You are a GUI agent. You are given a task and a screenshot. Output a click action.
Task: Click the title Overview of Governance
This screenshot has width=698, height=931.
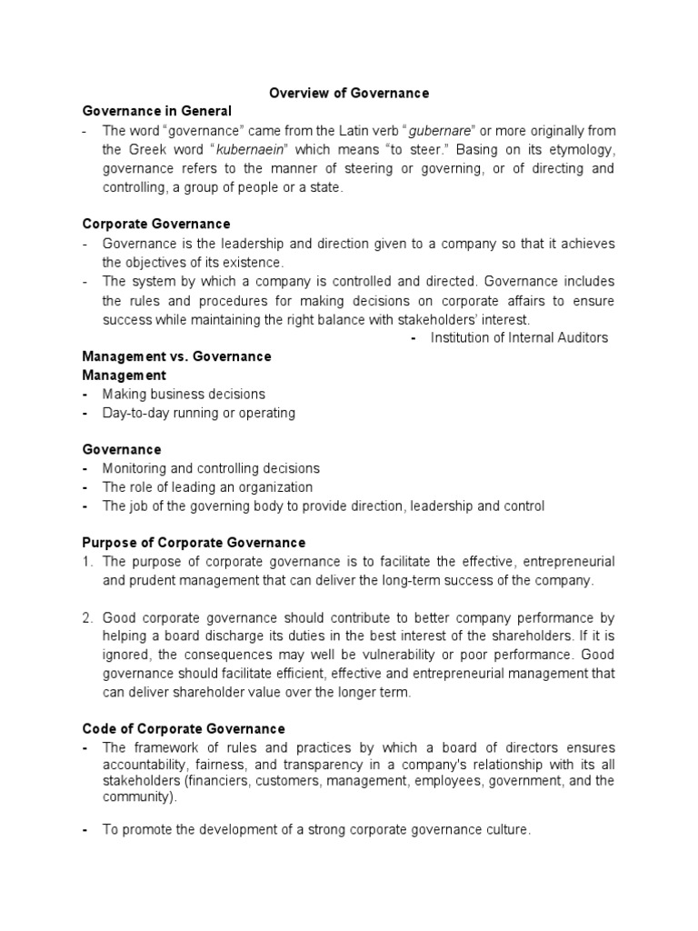click(x=349, y=93)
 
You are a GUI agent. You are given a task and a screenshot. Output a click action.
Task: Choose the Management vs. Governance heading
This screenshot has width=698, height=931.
click(x=176, y=356)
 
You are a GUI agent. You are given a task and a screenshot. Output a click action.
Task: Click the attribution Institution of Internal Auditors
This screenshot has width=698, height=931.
click(x=519, y=337)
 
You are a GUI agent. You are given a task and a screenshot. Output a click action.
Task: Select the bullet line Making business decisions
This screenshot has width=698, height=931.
click(x=184, y=394)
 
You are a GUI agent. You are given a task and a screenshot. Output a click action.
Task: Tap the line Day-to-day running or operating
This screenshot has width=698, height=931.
click(x=199, y=413)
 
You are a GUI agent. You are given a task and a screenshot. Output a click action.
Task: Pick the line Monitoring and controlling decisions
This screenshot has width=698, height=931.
click(x=211, y=468)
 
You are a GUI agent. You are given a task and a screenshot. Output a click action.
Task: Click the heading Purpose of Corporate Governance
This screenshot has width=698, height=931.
click(x=194, y=543)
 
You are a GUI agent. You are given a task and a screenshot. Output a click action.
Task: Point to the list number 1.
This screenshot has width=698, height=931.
click(x=87, y=562)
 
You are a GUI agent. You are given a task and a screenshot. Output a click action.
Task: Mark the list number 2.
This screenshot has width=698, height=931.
click(x=87, y=617)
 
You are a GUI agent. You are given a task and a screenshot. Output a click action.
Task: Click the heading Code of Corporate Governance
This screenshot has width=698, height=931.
click(x=184, y=728)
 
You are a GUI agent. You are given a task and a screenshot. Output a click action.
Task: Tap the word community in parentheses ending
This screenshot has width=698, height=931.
click(x=136, y=796)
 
